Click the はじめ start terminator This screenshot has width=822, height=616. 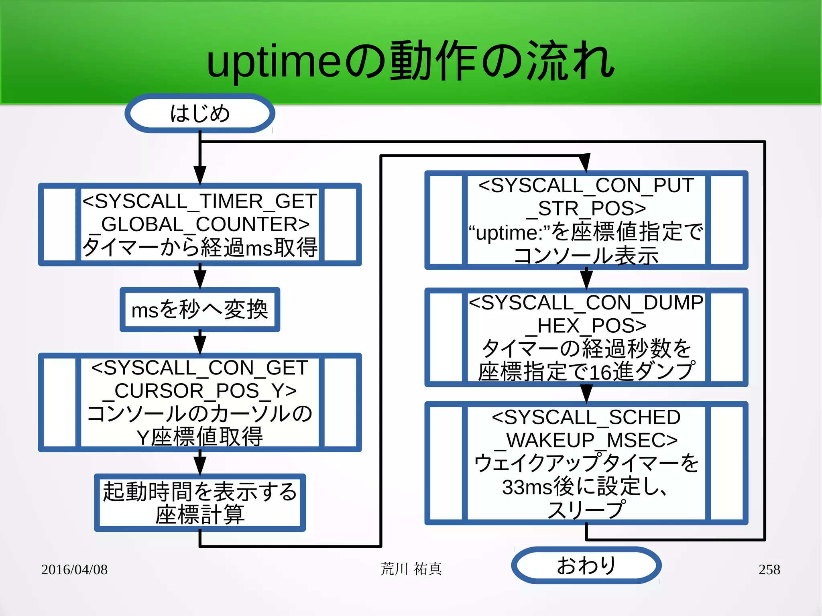(x=199, y=114)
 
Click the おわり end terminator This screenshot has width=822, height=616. (x=586, y=565)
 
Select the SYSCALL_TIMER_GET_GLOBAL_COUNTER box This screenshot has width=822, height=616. (x=199, y=224)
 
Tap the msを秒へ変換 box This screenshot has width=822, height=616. (x=199, y=309)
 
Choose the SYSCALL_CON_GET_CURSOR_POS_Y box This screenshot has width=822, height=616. (x=199, y=402)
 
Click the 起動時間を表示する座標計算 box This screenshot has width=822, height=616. (x=199, y=502)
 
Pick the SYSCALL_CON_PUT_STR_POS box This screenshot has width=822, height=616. (x=586, y=220)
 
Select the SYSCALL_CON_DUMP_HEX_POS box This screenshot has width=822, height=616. (x=586, y=337)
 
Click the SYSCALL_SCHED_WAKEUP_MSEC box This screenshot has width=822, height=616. (x=586, y=463)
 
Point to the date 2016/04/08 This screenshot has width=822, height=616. (x=74, y=569)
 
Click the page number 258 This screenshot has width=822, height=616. (x=769, y=569)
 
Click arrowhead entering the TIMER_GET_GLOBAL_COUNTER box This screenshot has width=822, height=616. (x=199, y=175)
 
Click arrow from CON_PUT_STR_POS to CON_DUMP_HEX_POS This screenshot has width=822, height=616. (x=586, y=278)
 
